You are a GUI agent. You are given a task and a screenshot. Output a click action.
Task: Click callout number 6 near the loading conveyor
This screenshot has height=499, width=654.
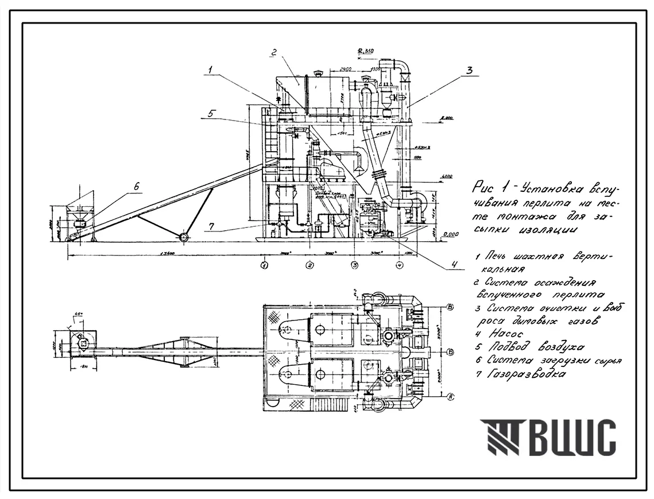point(137,186)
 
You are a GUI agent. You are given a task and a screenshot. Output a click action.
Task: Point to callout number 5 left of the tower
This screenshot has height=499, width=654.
point(211,114)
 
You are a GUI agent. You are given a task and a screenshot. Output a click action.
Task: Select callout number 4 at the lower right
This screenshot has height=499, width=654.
point(454,264)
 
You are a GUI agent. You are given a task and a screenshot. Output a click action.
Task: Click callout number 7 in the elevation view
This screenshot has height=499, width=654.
point(212,227)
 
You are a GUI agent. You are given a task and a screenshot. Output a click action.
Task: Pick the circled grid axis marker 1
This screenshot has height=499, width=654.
point(264,265)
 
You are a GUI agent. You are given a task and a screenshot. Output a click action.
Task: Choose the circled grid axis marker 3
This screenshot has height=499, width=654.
point(355,265)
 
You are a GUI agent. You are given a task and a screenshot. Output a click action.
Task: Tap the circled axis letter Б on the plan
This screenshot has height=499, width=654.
point(451,351)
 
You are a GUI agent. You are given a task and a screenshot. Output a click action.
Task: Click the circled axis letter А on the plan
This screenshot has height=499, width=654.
point(451,395)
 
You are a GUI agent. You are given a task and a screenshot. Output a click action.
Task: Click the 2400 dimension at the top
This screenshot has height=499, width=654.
point(345,68)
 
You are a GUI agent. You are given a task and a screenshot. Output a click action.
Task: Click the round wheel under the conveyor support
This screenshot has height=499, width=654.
point(184,237)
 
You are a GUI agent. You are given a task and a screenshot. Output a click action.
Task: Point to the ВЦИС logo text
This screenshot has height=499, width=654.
point(571,438)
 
